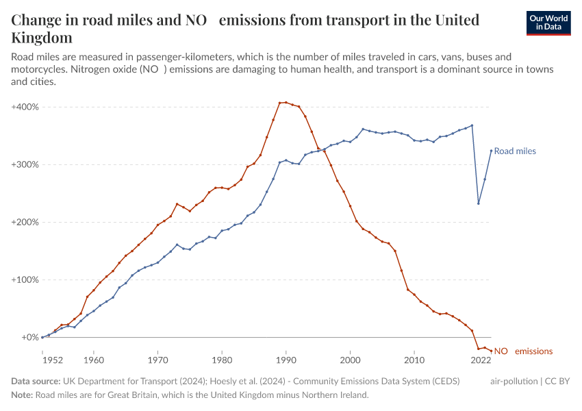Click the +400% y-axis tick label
(x=25, y=108)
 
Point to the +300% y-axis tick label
(x=25, y=165)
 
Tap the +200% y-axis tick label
(x=25, y=223)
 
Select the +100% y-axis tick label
(x=25, y=280)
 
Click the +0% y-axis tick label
(x=28, y=338)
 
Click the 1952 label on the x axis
(x=53, y=359)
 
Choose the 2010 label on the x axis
(x=414, y=359)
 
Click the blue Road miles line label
(x=515, y=151)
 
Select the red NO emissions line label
(x=523, y=351)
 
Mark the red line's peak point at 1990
(x=286, y=102)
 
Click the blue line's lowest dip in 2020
(x=479, y=203)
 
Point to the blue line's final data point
(x=491, y=151)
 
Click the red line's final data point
(x=491, y=351)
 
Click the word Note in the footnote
(x=21, y=395)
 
